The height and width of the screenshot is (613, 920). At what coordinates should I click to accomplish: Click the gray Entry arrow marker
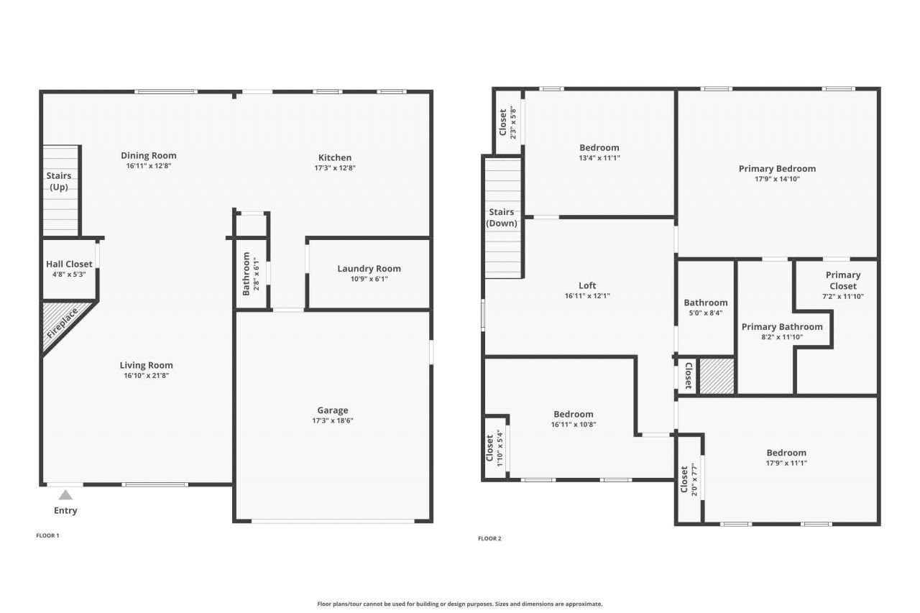point(65,494)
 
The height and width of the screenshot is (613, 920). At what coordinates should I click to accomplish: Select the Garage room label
point(332,410)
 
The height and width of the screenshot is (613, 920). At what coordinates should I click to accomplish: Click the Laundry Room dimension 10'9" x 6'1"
point(369,279)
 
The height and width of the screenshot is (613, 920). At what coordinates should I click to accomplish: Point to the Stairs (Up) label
point(59,181)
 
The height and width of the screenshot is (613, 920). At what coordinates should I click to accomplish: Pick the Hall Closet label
point(69,264)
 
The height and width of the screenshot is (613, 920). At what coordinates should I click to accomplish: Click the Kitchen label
point(335,157)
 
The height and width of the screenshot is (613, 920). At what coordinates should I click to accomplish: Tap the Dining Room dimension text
point(148,166)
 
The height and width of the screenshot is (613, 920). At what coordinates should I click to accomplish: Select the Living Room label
point(146,365)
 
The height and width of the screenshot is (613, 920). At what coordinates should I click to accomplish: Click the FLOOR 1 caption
point(47,535)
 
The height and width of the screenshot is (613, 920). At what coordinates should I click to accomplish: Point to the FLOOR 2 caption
point(489,538)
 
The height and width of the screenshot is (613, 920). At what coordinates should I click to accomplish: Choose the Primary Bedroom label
point(777,169)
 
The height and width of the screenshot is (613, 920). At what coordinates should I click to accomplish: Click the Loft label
point(587,285)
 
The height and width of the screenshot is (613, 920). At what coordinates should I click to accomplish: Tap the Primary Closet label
point(842,280)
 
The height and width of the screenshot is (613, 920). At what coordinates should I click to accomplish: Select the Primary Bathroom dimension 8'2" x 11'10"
point(781,337)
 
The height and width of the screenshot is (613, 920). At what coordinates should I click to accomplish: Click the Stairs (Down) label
point(502,217)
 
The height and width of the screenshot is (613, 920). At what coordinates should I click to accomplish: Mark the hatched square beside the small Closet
point(716,376)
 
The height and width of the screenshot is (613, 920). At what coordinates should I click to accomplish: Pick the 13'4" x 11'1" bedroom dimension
point(599,158)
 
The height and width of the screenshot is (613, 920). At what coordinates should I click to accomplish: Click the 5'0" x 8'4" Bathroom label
point(705,303)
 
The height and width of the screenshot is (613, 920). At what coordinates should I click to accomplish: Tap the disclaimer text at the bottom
point(459,604)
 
